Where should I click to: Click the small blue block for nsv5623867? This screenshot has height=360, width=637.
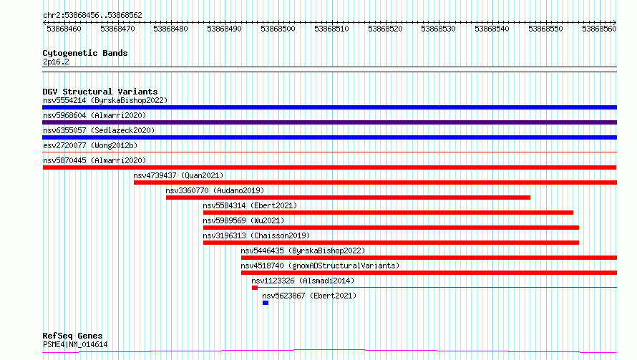coord(266,303)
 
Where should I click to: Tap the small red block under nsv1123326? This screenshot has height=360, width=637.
coord(255,288)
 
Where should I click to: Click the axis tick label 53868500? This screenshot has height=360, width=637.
coord(278,29)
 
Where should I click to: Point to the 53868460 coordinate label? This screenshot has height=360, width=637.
coord(64,29)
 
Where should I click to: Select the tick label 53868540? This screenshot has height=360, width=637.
coord(492,29)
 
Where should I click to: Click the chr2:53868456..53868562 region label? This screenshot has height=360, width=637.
coord(92,15)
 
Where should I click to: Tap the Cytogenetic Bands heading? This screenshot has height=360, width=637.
coord(85,53)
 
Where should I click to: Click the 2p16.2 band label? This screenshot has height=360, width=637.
coord(56,62)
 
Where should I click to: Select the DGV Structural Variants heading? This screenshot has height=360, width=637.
coord(100,92)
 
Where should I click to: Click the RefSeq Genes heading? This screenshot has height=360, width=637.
coord(72,336)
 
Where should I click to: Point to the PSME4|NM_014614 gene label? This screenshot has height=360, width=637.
coord(75,344)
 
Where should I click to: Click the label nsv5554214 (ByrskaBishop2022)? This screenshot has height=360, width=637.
coord(105,100)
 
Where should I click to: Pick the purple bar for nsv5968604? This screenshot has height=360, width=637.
coord(329,122)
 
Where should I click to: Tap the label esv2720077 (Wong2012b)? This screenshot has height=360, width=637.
coord(90,145)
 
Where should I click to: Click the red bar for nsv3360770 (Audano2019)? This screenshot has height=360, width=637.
coord(348,198)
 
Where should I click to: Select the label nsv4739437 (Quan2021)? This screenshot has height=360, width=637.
coord(178,175)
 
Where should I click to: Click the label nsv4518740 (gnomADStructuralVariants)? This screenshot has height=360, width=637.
coord(320,266)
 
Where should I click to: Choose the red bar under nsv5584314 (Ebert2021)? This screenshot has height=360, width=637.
coord(388,213)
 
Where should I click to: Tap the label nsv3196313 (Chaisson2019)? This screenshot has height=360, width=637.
coord(256,235)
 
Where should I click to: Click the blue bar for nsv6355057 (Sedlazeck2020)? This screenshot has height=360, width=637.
coord(329,137)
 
